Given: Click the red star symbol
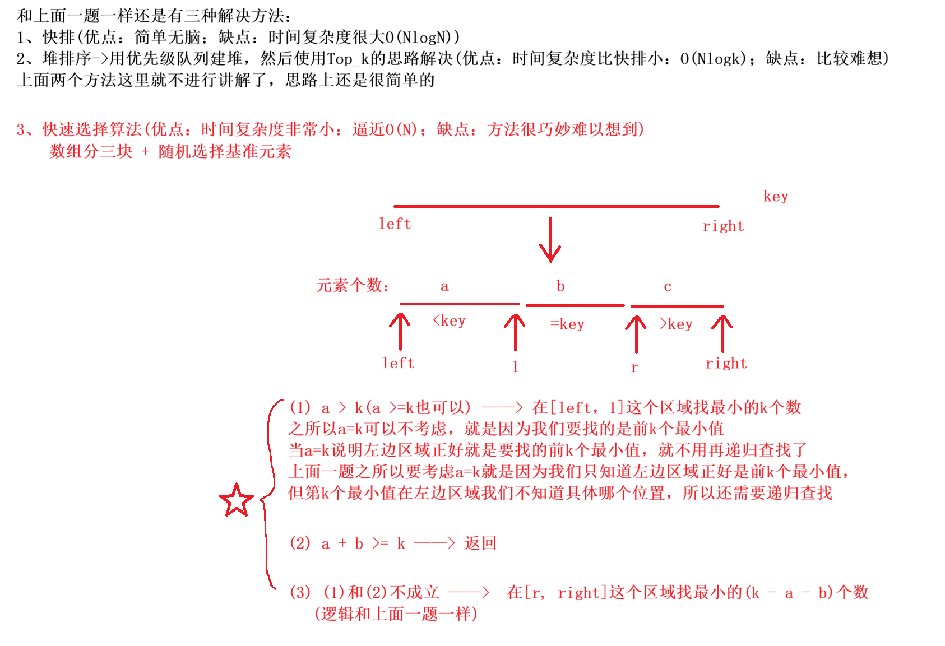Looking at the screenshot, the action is tap(236, 500).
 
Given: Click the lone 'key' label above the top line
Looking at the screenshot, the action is tap(776, 196).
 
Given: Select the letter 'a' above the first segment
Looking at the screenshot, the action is tap(444, 286).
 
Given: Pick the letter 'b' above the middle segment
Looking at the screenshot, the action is tap(560, 286).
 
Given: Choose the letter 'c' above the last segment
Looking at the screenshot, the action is tap(667, 286).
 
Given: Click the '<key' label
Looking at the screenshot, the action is tap(449, 320).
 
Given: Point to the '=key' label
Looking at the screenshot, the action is tap(567, 324).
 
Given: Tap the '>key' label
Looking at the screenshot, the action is tap(676, 324).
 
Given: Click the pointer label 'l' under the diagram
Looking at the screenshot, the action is tap(515, 366).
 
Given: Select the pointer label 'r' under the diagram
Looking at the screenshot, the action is tap(634, 368).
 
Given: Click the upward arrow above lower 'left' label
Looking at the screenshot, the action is tap(400, 332).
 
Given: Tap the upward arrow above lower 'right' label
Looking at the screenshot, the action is tap(722, 333).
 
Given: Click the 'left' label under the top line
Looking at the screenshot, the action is tap(395, 224).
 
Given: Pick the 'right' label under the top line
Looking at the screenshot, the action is tap(723, 226).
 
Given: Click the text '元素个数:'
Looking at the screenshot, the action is tap(353, 286).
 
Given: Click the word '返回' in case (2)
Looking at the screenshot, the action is tap(480, 543).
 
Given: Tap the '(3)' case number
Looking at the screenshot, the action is tap(300, 592).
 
